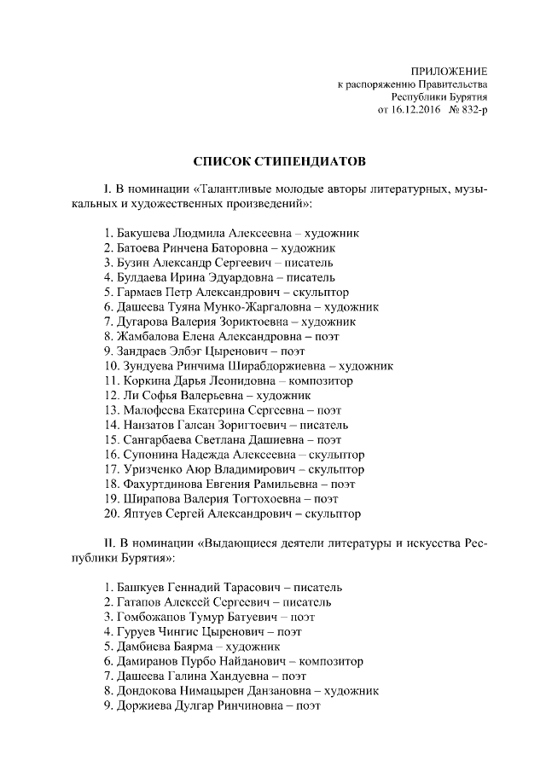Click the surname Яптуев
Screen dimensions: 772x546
click(136, 514)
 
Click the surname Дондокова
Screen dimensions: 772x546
click(146, 691)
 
